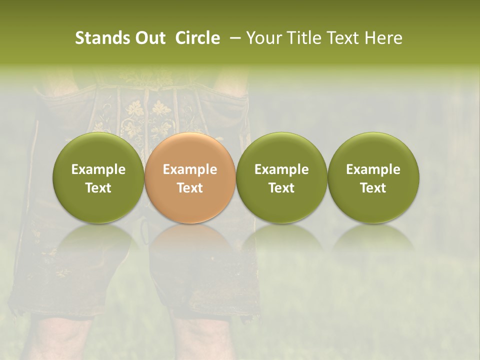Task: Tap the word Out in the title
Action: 148,38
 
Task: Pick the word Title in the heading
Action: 304,38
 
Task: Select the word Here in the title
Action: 383,38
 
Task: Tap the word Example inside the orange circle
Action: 190,169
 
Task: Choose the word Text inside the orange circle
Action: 190,188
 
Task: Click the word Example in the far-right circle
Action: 373,169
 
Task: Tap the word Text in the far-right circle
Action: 373,188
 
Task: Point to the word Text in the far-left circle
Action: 98,188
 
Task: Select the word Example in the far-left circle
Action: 98,169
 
